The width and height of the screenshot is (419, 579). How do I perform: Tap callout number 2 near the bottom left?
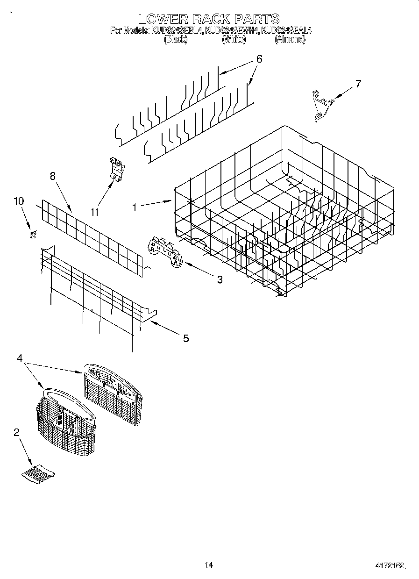click(17, 432)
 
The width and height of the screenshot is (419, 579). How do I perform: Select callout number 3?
click(219, 280)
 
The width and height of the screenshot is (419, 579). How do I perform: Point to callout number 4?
click(20, 358)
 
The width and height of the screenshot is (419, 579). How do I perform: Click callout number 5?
click(186, 338)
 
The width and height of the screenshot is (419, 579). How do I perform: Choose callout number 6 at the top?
click(259, 59)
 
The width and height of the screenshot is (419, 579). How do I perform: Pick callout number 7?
click(358, 84)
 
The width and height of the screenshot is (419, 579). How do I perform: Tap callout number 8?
click(52, 176)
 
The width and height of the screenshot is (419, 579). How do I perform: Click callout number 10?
click(19, 201)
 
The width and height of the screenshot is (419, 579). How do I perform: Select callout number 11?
click(95, 212)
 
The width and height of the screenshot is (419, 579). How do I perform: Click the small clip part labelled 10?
click(32, 235)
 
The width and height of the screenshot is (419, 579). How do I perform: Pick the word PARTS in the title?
click(256, 19)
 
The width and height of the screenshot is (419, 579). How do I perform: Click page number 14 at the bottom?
click(209, 565)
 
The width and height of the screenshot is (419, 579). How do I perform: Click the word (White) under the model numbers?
click(234, 40)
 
